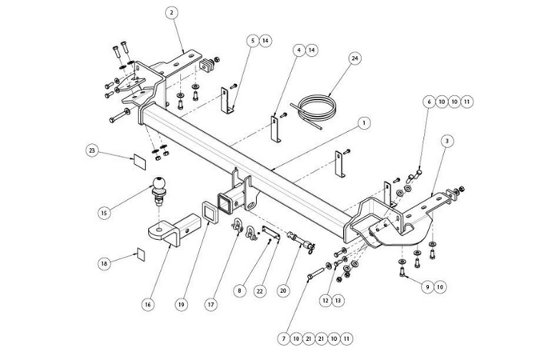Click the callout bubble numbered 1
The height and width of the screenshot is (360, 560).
click(364, 123)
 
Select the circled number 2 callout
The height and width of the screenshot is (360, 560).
click(172, 12)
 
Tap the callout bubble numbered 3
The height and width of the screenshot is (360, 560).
click(446, 140)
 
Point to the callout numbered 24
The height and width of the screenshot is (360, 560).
click(354, 58)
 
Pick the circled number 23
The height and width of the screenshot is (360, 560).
click(92, 150)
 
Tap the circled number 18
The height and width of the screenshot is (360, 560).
click(103, 262)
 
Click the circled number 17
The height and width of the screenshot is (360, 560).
click(211, 304)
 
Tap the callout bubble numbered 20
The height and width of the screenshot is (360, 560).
click(282, 291)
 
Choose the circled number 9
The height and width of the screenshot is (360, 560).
click(428, 286)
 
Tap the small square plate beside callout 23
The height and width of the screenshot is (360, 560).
click(138, 158)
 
